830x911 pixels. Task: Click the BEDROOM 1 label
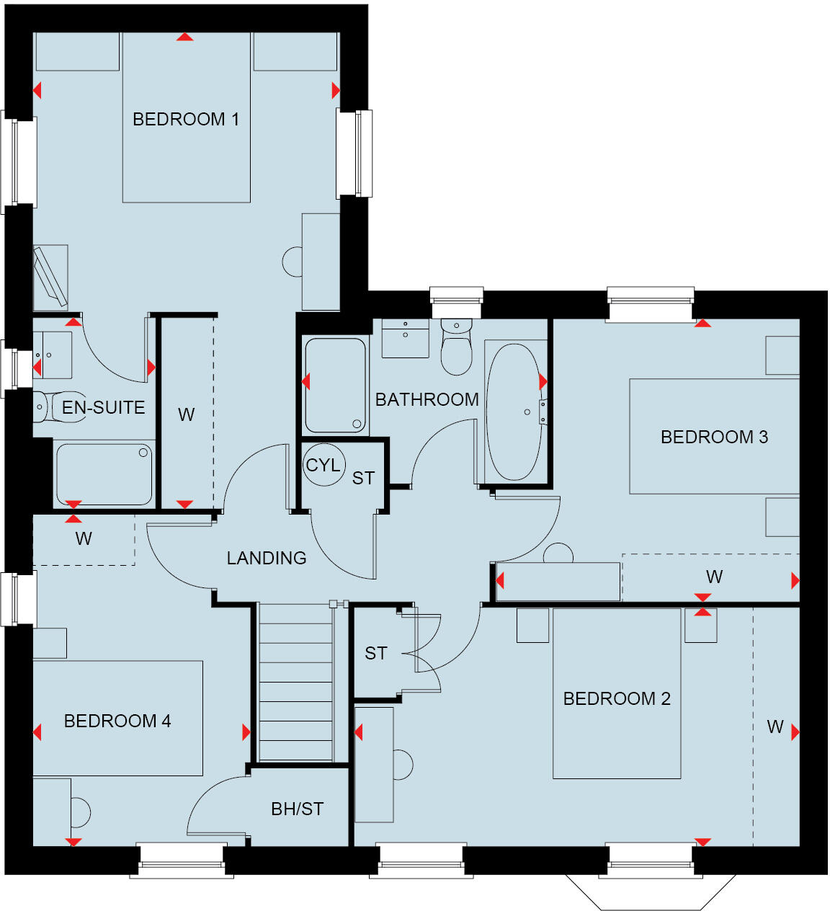pyautogui.click(x=185, y=119)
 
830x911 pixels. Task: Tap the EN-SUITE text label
pyautogui.click(x=103, y=407)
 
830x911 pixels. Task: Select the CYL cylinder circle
pyautogui.click(x=323, y=465)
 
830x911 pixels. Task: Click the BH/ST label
pyautogui.click(x=297, y=809)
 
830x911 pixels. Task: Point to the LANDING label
pyautogui.click(x=266, y=558)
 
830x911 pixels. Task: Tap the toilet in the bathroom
pyautogui.click(x=456, y=347)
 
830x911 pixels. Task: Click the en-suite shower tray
pyautogui.click(x=104, y=474)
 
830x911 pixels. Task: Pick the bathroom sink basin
pyautogui.click(x=405, y=338)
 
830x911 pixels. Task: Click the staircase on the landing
pyautogui.click(x=295, y=681)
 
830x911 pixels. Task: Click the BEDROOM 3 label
pyautogui.click(x=714, y=437)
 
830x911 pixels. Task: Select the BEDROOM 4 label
pyautogui.click(x=117, y=721)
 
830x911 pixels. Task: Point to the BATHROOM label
pyautogui.click(x=427, y=399)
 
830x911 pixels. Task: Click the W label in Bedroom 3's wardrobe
pyautogui.click(x=714, y=577)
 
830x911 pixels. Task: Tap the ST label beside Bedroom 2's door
pyautogui.click(x=375, y=653)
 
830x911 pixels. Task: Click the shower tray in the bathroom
pyautogui.click(x=336, y=386)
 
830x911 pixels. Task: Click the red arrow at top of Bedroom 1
pyautogui.click(x=185, y=37)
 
